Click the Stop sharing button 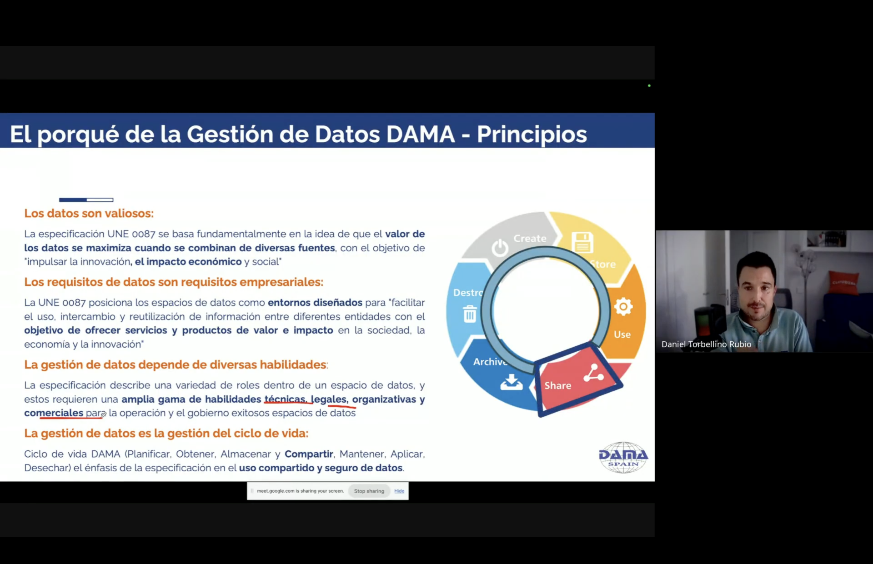[x=369, y=491]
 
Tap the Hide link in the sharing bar [x=399, y=491]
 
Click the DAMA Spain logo [x=623, y=457]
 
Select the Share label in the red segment [x=558, y=385]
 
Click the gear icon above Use [x=623, y=307]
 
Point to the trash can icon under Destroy [x=470, y=314]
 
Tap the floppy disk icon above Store [x=582, y=242]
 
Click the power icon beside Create [x=500, y=248]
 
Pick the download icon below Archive [x=512, y=382]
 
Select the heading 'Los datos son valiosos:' [x=89, y=213]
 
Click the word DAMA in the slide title [x=421, y=135]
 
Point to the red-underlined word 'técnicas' [x=285, y=399]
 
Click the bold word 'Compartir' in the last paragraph [x=309, y=454]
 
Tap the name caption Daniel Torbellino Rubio [x=706, y=344]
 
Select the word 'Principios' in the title [x=532, y=135]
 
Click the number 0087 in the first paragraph [x=144, y=234]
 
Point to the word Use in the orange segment [x=622, y=334]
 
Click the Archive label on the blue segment [x=490, y=362]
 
